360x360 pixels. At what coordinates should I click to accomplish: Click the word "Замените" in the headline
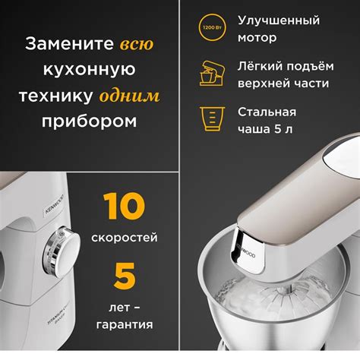point(68,45)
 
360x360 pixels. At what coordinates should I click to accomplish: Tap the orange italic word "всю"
point(136,45)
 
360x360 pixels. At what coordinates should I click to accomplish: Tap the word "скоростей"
point(125,238)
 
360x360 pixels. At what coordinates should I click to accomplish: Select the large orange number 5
point(125,276)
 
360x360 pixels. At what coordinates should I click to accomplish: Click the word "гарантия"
point(125,324)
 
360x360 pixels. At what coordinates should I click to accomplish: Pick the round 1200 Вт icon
point(210,28)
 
